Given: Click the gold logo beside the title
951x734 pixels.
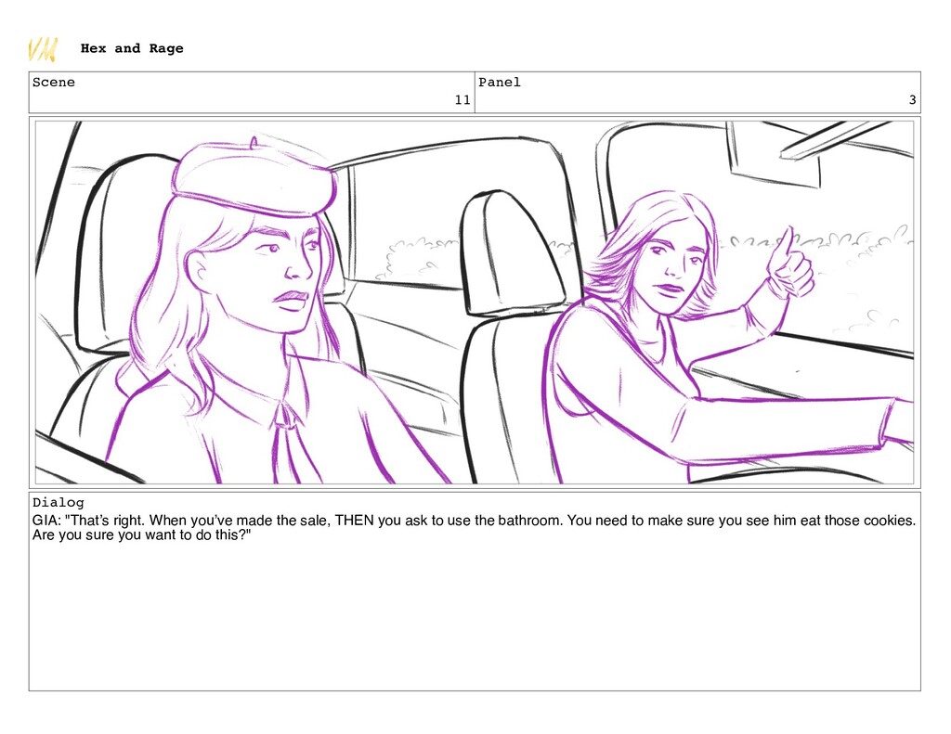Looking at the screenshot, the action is (43, 49).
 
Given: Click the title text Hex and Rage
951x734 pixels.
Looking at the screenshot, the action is (132, 48).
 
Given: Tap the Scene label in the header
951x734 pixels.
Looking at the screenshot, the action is (53, 83).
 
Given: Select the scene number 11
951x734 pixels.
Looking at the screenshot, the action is (462, 100).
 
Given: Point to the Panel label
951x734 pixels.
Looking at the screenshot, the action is (499, 83).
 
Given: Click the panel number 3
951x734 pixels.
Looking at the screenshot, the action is (912, 100).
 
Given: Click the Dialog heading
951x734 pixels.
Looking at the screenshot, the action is (59, 502).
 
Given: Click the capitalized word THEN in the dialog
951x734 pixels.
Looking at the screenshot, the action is (354, 521).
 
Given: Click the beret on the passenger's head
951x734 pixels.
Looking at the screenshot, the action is (254, 177).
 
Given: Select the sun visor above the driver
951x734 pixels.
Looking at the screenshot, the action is (774, 155).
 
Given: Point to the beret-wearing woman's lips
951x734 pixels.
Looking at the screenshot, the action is (291, 300).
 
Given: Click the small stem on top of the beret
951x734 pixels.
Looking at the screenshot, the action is (254, 142).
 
